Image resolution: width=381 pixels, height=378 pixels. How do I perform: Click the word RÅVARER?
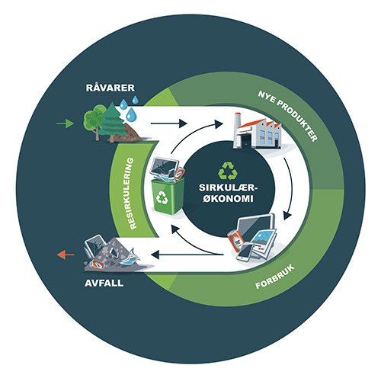(110, 87)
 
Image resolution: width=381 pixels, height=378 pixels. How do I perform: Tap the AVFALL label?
(104, 283)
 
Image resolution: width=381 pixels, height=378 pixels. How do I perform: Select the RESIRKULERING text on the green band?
(131, 194)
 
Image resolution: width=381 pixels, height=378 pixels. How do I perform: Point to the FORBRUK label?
(275, 277)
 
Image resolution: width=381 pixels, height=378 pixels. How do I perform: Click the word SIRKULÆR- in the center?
(228, 187)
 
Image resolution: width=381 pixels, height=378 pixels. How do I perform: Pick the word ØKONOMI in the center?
(228, 198)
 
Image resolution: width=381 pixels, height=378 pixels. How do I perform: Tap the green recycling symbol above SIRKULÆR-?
(228, 171)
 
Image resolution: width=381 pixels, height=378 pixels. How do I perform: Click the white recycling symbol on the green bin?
(162, 197)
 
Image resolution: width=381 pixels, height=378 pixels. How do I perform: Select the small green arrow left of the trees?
(66, 123)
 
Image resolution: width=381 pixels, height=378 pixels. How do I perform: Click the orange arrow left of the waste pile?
(66, 255)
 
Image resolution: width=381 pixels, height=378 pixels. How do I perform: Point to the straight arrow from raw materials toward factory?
(169, 123)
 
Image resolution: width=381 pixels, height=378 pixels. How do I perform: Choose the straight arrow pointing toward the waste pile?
(187, 255)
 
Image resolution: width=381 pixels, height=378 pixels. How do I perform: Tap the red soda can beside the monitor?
(235, 241)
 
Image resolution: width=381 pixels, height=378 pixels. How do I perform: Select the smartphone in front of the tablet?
(245, 253)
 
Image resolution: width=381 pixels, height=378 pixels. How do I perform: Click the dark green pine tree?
(112, 121)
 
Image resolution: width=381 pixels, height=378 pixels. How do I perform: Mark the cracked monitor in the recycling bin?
(164, 166)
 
